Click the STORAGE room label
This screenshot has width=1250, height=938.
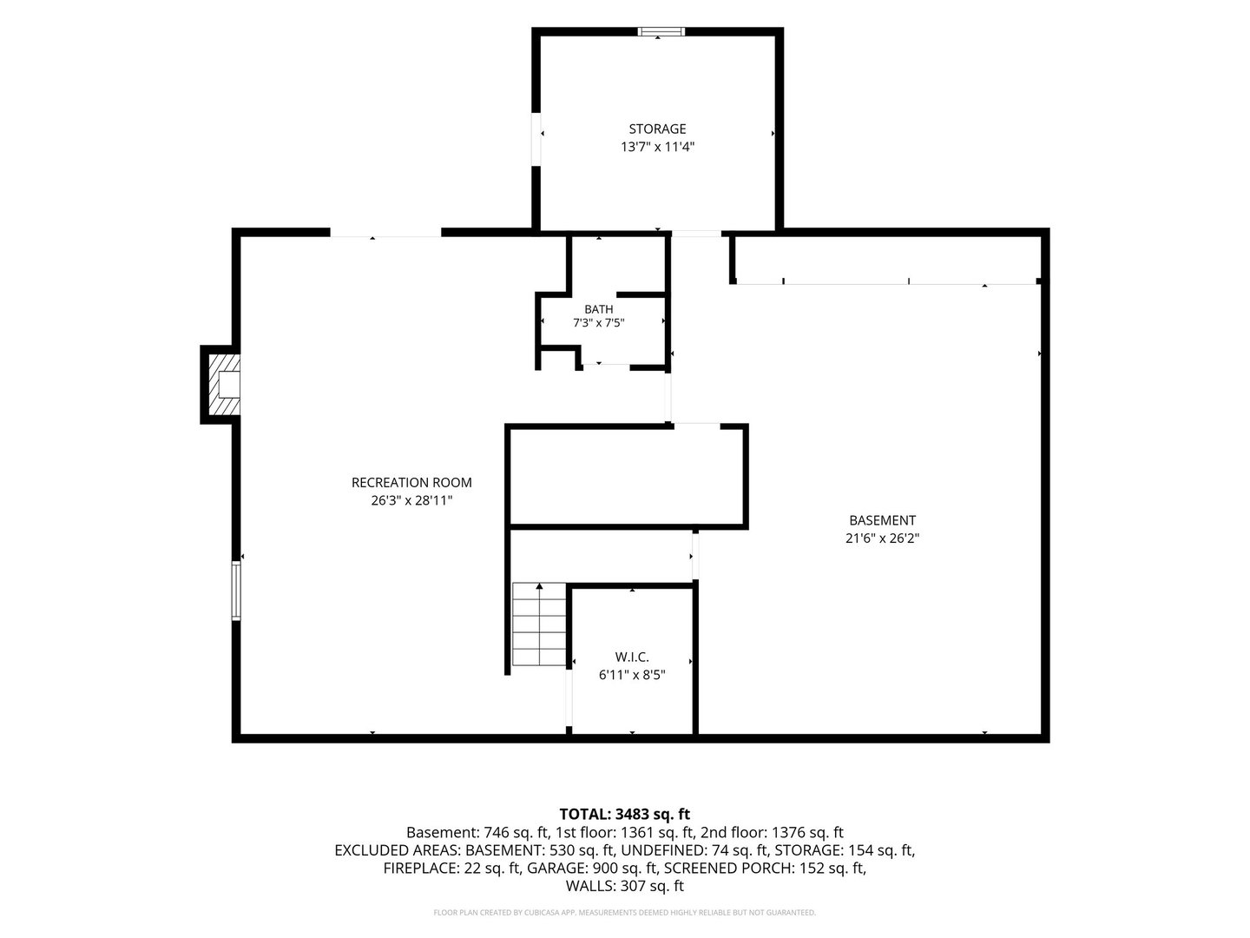pos(657,129)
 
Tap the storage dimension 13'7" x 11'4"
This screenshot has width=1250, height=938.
pos(657,147)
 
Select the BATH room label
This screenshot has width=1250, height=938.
pos(598,309)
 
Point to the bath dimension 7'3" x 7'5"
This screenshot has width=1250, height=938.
pos(598,323)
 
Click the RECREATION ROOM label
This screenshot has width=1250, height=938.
pos(411,482)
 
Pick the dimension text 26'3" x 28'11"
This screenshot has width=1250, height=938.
pos(411,500)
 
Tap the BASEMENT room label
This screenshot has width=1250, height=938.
pos(882,520)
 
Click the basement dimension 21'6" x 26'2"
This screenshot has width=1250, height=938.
pos(882,538)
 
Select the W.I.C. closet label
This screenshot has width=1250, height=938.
pos(632,657)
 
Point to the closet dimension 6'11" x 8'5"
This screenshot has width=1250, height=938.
pos(632,675)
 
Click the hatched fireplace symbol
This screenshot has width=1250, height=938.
pos(224,385)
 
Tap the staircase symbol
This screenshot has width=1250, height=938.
pos(539,624)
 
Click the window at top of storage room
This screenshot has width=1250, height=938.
pos(661,31)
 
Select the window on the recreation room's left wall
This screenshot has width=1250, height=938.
pos(236,590)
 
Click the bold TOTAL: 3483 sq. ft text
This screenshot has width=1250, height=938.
pos(625,814)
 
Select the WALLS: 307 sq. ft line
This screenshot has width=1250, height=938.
pos(625,886)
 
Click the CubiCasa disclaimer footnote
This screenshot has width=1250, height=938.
pos(625,912)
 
